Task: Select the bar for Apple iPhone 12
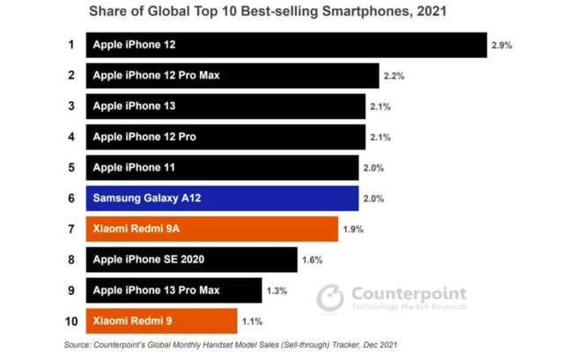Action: pyautogui.click(x=285, y=45)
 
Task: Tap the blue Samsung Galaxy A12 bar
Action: pyautogui.click(x=221, y=199)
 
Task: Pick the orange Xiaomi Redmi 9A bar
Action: pyautogui.click(x=211, y=229)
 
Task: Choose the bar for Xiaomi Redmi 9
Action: pyautogui.click(x=161, y=321)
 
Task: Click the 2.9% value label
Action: pyautogui.click(x=502, y=45)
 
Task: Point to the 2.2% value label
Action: pyautogui.click(x=394, y=77)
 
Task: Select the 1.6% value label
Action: pyautogui.click(x=312, y=261)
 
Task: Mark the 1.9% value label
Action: pyautogui.click(x=353, y=230)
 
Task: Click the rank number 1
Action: pyautogui.click(x=70, y=45)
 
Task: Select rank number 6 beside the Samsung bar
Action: pyautogui.click(x=70, y=199)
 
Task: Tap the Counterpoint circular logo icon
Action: pyautogui.click(x=331, y=297)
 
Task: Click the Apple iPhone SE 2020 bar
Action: pyautogui.click(x=191, y=260)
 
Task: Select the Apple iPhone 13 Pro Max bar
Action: pyautogui.click(x=174, y=290)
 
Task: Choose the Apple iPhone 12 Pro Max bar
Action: pyautogui.click(x=232, y=76)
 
